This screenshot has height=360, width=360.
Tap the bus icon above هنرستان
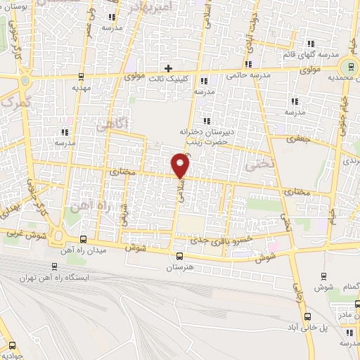[179, 256]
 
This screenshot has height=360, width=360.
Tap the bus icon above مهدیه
[82, 77]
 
